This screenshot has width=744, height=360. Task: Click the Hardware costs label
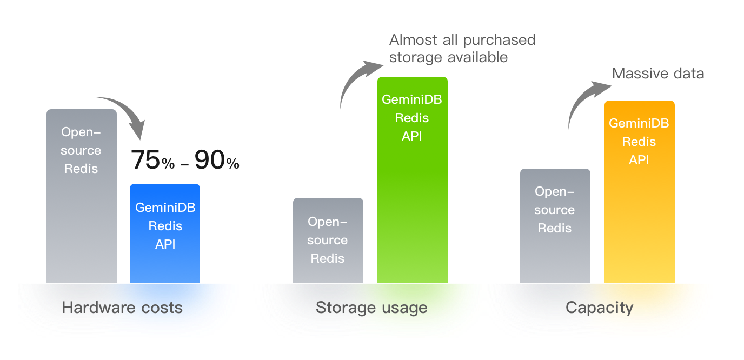pyautogui.click(x=122, y=308)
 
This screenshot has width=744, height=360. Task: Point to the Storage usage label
pyautogui.click(x=371, y=308)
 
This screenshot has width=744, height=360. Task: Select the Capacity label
pyautogui.click(x=599, y=308)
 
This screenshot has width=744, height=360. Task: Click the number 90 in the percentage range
pyautogui.click(x=210, y=159)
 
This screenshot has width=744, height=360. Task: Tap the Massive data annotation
pyautogui.click(x=658, y=74)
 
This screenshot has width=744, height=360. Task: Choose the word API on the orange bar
pyautogui.click(x=639, y=160)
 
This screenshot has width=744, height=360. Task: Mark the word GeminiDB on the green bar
pyautogui.click(x=412, y=99)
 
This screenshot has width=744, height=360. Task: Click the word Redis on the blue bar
pyautogui.click(x=165, y=226)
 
